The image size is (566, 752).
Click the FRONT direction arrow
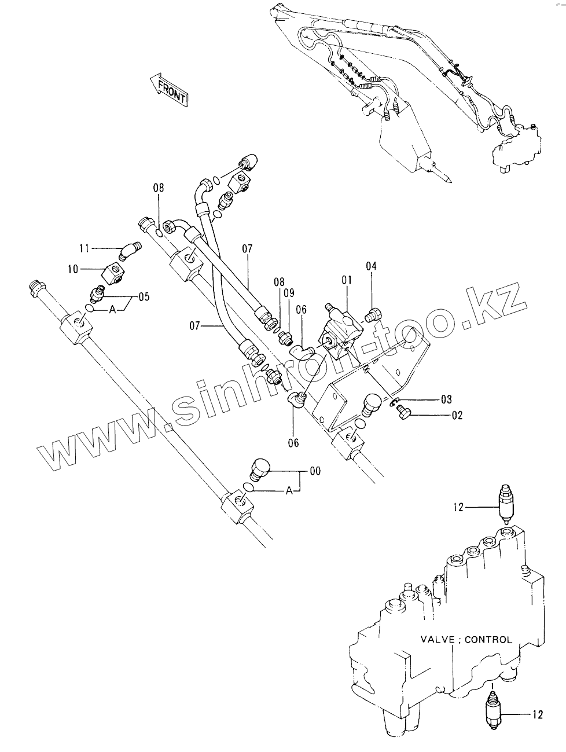[x=167, y=90]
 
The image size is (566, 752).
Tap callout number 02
[x=457, y=414]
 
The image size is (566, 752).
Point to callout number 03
[x=446, y=399]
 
